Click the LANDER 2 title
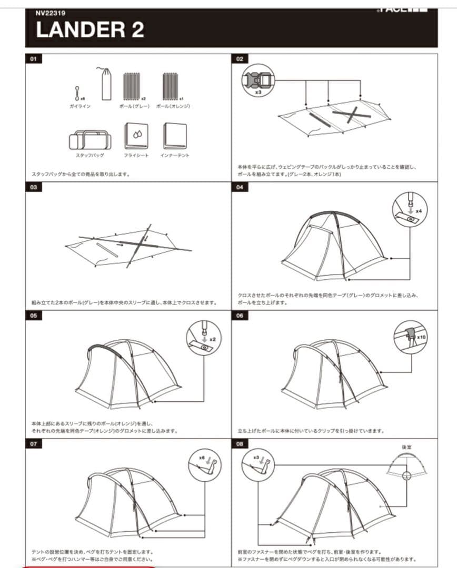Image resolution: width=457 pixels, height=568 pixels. click(x=90, y=30)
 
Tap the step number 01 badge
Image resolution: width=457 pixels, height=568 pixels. click(x=33, y=59)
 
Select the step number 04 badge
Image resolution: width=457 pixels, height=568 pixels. click(x=240, y=188)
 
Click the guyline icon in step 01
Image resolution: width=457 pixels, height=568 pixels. click(x=77, y=94)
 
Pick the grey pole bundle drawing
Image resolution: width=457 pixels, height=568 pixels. click(x=131, y=87)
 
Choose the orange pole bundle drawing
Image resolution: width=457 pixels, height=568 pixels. click(x=170, y=87)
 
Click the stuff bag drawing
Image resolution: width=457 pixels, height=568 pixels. click(x=90, y=139)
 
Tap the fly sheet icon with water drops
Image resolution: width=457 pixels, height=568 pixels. click(x=136, y=136)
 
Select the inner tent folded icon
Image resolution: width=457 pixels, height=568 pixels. click(x=175, y=136)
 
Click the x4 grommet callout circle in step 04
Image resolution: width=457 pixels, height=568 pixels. click(x=410, y=209)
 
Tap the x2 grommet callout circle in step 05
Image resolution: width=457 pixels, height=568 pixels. click(x=204, y=338)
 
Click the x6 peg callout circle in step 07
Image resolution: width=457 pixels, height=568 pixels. click(x=205, y=465)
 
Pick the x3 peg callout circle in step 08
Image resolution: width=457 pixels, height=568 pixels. click(x=258, y=464)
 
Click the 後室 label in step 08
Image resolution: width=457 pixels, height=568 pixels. click(x=406, y=447)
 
